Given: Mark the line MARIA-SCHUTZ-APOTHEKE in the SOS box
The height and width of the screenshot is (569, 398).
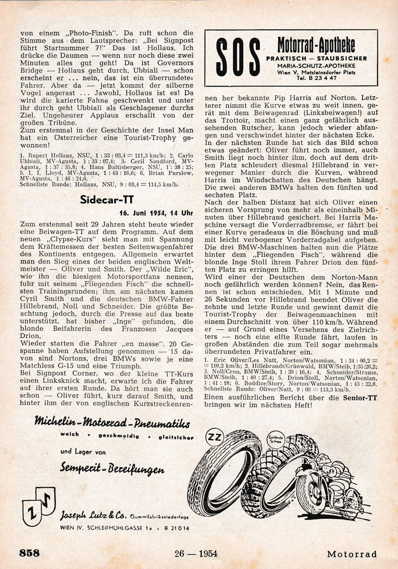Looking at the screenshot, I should (316, 65).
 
